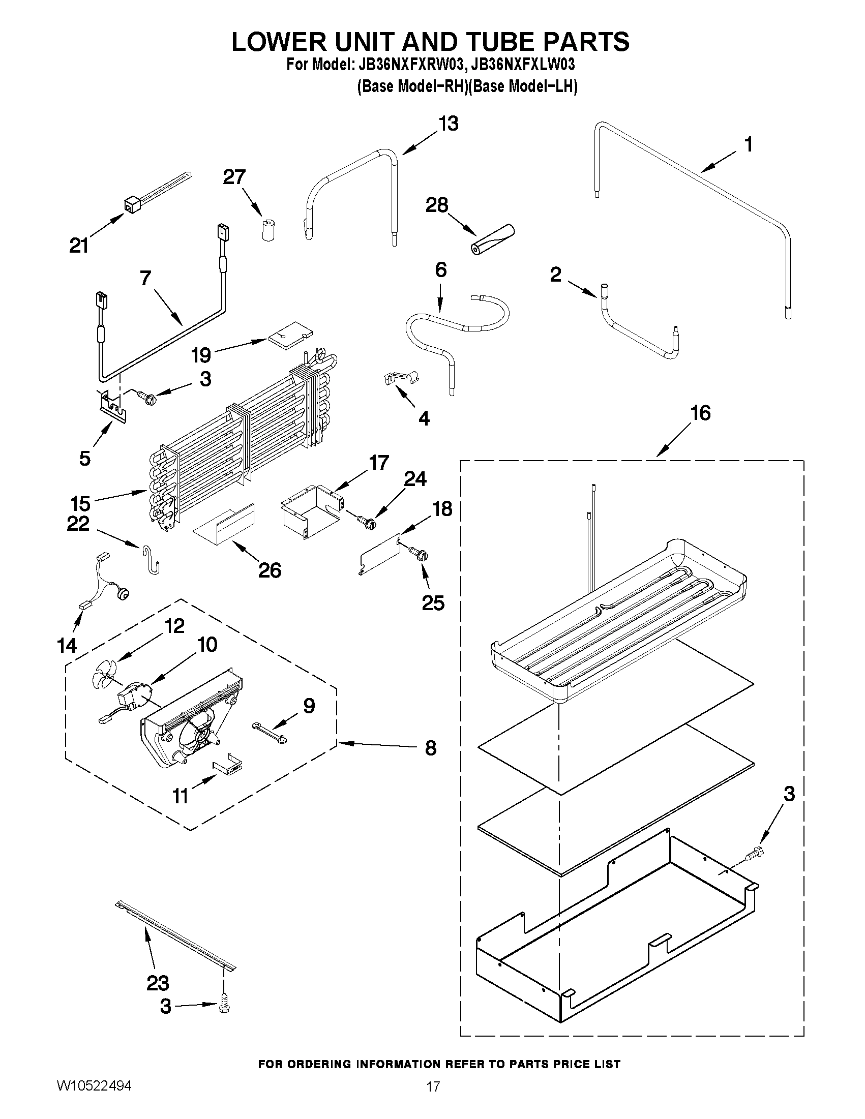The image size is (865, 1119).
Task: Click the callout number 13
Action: (449, 124)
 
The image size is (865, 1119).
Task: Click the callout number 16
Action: (701, 413)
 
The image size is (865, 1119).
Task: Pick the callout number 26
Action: (270, 570)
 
